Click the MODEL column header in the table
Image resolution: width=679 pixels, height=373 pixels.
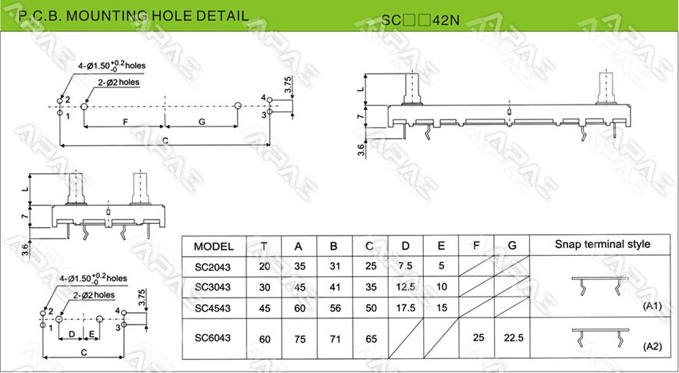pos(214,247)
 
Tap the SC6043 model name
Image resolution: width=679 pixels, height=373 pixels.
pos(212,338)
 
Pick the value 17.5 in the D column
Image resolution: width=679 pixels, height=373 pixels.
pos(405,308)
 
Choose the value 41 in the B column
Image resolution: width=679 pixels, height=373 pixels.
pos(335,287)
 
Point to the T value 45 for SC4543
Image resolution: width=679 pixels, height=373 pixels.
pos(265,308)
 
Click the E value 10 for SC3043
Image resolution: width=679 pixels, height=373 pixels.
pos(441,287)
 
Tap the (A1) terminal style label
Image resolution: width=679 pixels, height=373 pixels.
pos(652,307)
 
